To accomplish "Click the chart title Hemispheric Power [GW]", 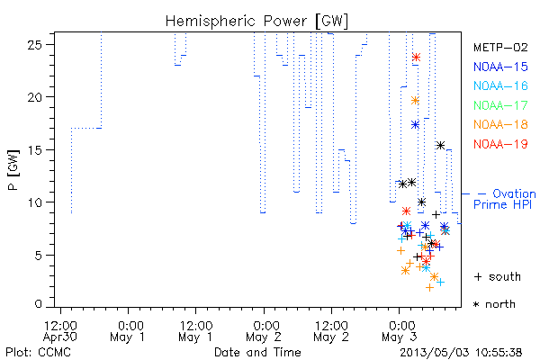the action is click(256, 22).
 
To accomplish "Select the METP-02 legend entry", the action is click(500, 47).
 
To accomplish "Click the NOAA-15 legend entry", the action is click(500, 67).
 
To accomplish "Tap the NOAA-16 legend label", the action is click(500, 85).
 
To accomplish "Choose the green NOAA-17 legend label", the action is click(500, 105).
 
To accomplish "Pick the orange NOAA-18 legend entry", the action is click(500, 124).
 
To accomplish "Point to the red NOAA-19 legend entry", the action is click(500, 144).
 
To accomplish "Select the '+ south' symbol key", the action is click(498, 276).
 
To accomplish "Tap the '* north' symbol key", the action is click(494, 304).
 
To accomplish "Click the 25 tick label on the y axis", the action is click(34, 45).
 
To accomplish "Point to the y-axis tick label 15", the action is click(34, 150).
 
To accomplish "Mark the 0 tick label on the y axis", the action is click(38, 304).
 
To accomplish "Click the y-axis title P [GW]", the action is click(13, 170).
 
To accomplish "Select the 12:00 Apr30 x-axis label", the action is click(60, 331).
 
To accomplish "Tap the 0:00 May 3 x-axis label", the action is click(400, 331).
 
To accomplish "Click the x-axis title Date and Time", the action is click(257, 353).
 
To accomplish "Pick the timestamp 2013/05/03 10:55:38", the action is click(461, 353).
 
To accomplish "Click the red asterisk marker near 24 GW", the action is click(417, 58).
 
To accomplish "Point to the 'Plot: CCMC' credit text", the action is click(38, 353).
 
